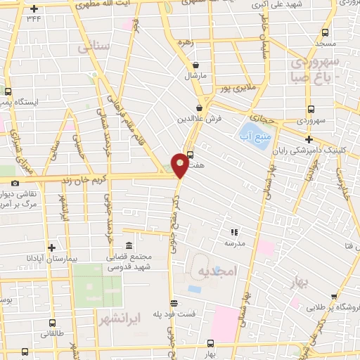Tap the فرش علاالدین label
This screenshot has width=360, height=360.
[200, 118]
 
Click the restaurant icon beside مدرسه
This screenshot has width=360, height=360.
[235, 231]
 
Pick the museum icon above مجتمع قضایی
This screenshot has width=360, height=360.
[129, 246]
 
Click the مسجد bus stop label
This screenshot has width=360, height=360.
[325, 43]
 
